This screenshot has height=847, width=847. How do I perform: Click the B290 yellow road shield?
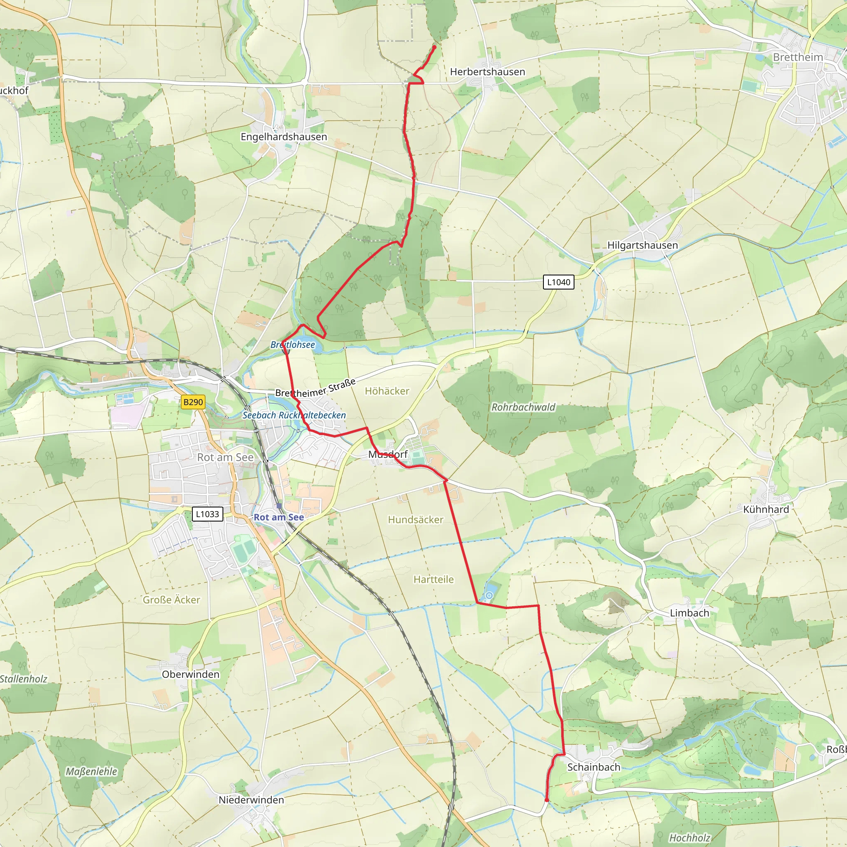pos(193,402)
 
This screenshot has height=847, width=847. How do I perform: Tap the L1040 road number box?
pos(558,282)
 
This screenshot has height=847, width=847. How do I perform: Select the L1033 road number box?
pos(207,514)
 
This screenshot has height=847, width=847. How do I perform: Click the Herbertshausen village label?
pos(488,72)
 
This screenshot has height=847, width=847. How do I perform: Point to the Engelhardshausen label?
pos(284,137)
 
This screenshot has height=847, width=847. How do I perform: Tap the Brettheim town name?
pos(797,57)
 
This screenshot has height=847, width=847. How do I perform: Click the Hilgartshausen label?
pos(642,246)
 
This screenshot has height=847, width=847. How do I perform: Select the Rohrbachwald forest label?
pos(523,407)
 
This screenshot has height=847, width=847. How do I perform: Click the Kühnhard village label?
pos(766,510)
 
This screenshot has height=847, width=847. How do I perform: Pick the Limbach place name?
pos(689,613)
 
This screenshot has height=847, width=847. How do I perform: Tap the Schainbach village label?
pos(593,767)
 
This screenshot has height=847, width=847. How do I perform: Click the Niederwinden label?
pos(251,800)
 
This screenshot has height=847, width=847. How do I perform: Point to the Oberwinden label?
pos(191,674)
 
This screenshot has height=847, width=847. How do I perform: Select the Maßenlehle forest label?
pos(92,772)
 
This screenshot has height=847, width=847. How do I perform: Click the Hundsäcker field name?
pos(416,520)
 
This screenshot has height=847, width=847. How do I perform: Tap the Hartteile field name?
pos(433,579)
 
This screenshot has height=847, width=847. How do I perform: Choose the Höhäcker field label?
pos(387,391)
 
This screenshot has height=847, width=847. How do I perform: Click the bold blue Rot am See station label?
pos(279,517)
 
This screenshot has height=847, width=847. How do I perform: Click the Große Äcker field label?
pos(171,600)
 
